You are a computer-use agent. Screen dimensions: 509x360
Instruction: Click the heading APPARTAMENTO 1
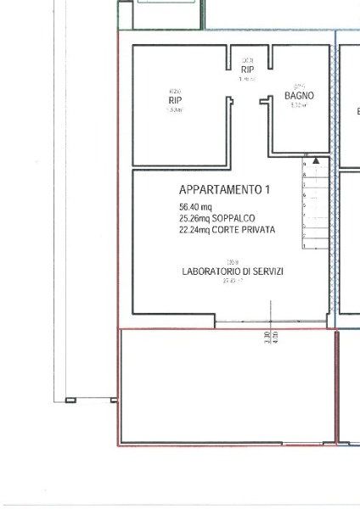[223, 190]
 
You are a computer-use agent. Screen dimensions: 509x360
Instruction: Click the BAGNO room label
[299, 97]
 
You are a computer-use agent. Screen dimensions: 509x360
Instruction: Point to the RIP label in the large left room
[175, 100]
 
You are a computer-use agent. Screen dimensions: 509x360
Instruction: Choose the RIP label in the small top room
[247, 70]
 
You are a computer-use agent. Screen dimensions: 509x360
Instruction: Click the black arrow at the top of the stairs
[316, 159]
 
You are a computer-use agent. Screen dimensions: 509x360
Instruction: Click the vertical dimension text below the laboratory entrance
[269, 336]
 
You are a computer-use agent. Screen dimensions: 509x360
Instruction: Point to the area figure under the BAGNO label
[298, 106]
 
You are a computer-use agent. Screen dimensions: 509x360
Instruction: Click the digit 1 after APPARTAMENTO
[267, 190]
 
